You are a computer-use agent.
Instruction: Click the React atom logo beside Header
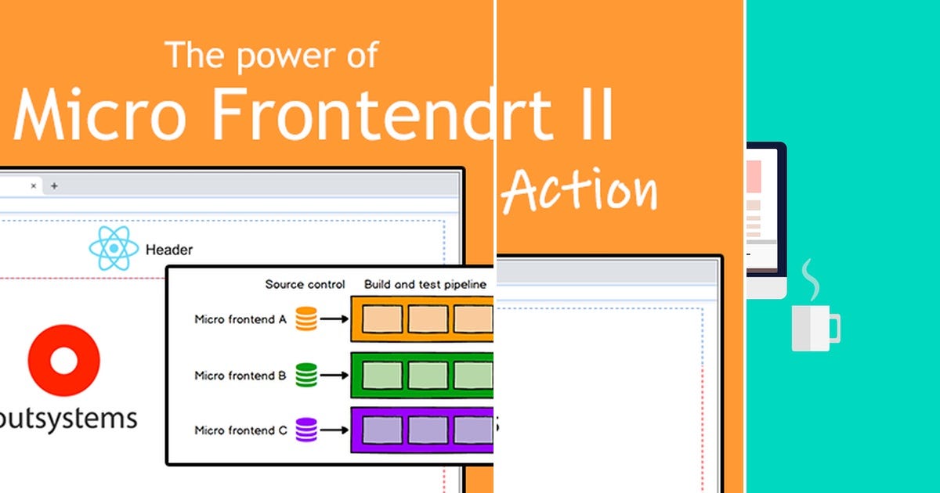point(114,249)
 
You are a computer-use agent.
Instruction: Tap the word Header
point(169,250)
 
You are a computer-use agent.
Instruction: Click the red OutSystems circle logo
point(63,361)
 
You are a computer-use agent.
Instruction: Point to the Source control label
point(305,284)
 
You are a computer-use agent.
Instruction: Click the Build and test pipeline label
point(425,284)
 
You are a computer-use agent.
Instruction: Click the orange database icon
point(306,319)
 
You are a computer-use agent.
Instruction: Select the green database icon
point(306,376)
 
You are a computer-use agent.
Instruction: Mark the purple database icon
point(306,430)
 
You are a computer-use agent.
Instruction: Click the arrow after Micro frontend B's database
point(334,376)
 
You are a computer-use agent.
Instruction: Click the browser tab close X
point(34,185)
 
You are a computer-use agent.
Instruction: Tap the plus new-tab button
point(54,185)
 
